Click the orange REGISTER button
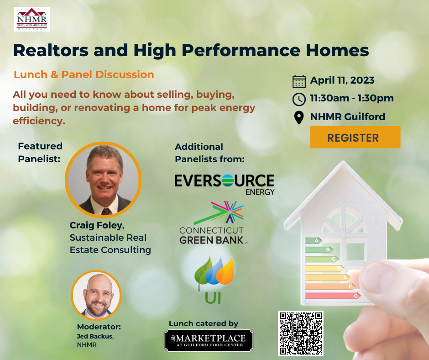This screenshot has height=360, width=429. (355, 138)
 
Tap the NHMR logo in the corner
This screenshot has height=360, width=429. (32, 19)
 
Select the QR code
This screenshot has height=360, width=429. (301, 334)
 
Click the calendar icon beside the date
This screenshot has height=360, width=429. (299, 82)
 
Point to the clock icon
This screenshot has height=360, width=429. (299, 99)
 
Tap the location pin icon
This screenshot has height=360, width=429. (299, 117)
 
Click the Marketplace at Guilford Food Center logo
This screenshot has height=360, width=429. (209, 340)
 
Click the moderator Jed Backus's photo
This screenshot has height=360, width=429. (96, 295)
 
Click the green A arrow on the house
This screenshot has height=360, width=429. (314, 240)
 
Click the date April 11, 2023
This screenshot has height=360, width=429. (342, 81)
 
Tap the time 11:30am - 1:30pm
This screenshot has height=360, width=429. (352, 98)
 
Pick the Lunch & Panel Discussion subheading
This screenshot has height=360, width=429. (84, 74)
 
